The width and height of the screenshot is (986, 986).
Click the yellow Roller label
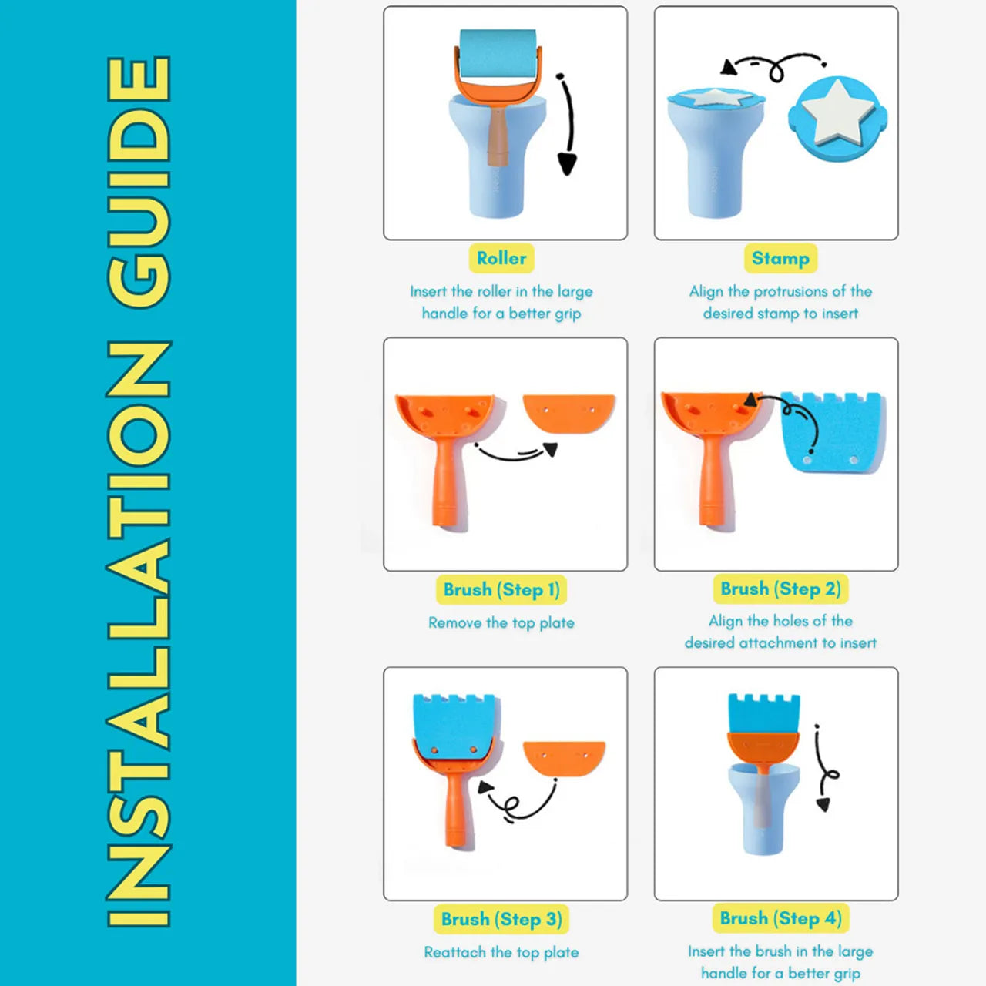501,258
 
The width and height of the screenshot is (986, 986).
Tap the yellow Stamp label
780,258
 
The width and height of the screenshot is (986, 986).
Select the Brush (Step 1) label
501,589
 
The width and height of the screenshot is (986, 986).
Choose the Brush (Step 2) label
780,589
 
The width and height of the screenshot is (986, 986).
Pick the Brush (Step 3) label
501,919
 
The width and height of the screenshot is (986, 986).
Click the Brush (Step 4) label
780,918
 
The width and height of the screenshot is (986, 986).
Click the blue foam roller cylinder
498,54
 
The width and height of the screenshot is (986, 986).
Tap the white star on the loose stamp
837,112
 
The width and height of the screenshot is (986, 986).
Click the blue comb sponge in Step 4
763,714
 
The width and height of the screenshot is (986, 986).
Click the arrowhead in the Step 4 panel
822,804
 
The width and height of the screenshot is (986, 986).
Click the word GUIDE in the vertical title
139,183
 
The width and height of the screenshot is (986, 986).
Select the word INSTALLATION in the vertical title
139,634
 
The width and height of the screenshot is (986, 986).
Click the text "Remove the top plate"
501,622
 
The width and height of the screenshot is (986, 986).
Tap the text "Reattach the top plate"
501,952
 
